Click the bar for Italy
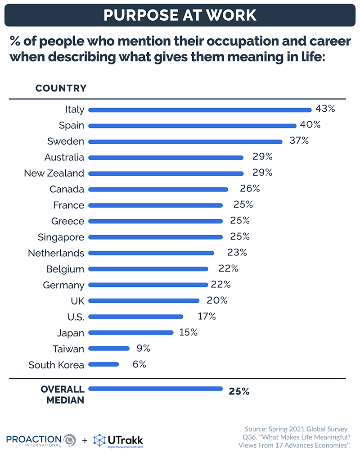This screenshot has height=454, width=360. (200, 109)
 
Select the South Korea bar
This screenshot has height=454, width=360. (104, 364)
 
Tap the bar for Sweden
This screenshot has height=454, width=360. (185, 141)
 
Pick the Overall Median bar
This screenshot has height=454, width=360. (156, 389)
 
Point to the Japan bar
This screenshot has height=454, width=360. (131, 332)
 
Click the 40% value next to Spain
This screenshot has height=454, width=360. (310, 125)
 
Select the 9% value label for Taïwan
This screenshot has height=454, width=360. (143, 348)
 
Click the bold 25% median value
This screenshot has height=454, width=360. (239, 391)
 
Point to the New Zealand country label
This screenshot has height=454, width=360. (54, 173)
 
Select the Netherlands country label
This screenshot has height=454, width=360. (56, 253)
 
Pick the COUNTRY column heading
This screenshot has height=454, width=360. (61, 88)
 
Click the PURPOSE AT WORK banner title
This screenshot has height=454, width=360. (180, 14)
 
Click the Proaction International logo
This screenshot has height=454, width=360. (40, 440)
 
